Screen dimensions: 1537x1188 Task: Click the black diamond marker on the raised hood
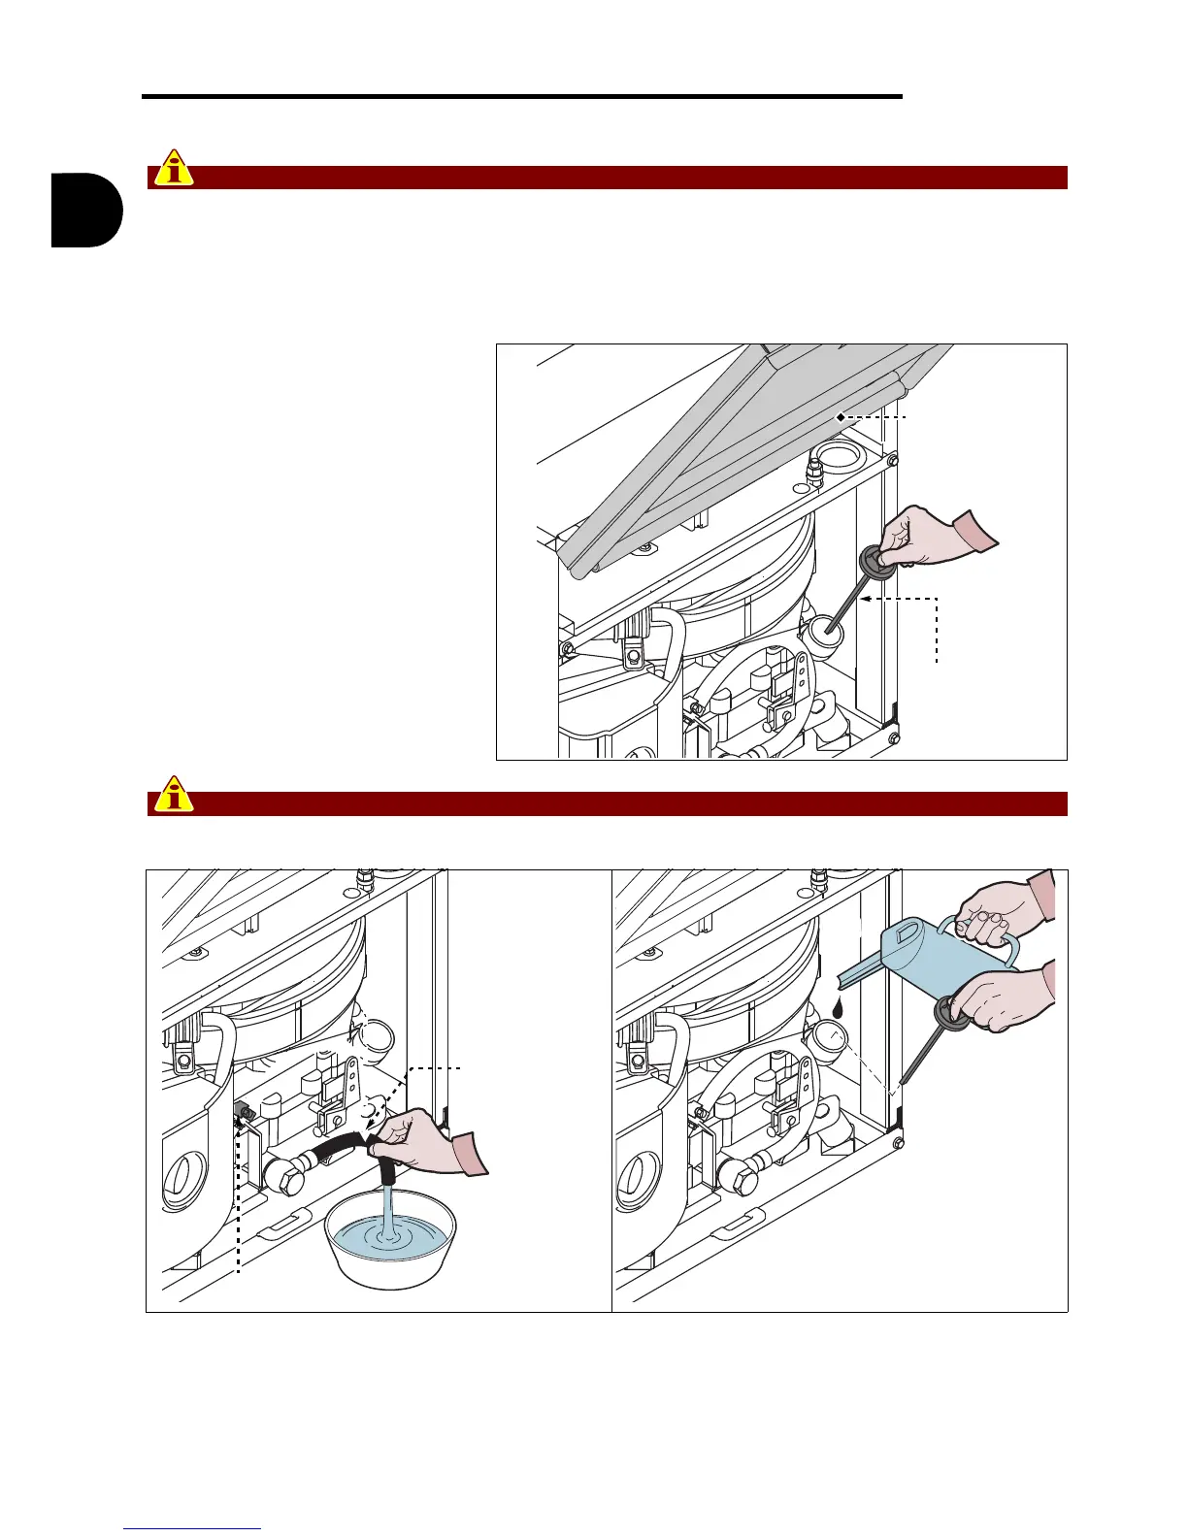pyautogui.click(x=840, y=416)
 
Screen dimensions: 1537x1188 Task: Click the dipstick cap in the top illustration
pyautogui.click(x=876, y=563)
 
